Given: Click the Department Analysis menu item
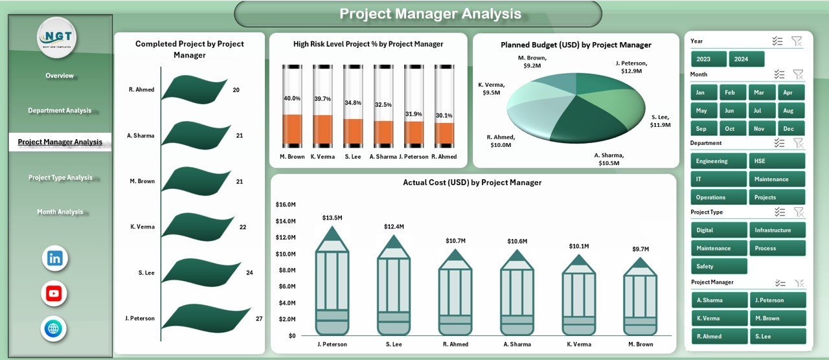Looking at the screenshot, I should click(60, 111).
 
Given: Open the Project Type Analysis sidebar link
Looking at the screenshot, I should click(60, 177).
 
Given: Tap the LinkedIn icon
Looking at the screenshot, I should click(54, 258).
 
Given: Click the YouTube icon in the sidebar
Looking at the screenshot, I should click(54, 293).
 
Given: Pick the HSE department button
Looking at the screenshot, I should click(777, 161).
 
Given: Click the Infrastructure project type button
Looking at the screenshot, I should click(777, 230).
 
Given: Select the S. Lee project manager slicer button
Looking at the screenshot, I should click(777, 336).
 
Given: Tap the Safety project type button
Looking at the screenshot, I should click(719, 266).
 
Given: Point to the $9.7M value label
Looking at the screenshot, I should click(640, 249).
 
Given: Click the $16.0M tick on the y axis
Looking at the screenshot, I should click(286, 205).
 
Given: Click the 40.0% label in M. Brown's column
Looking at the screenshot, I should click(292, 98).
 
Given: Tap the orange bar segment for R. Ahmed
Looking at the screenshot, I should click(445, 133).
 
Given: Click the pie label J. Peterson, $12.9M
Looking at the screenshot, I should click(631, 67).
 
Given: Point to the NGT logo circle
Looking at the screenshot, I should click(57, 38).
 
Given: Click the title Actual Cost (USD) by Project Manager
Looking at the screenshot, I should click(472, 183).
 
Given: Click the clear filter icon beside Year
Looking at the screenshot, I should click(797, 41).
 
